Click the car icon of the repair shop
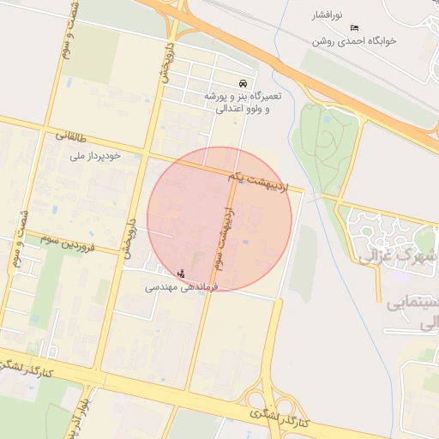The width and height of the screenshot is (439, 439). point(244,83)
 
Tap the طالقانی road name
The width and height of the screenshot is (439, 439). point(73,135)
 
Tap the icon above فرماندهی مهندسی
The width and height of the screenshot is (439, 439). point(179,274)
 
